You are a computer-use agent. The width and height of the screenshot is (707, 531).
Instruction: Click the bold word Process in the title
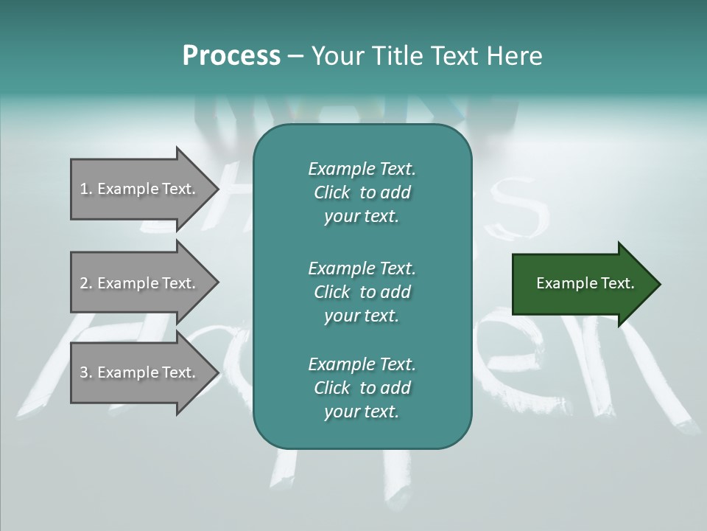[x=231, y=56]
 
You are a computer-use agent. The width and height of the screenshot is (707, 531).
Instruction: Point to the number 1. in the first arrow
[x=86, y=189]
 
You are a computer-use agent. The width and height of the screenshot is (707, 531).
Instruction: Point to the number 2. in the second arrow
[x=86, y=283]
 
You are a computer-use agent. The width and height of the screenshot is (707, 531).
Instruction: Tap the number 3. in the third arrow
[x=86, y=372]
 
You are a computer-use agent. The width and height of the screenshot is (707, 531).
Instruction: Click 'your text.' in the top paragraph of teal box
[x=362, y=217]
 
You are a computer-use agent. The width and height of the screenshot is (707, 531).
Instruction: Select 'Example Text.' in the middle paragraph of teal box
[x=362, y=268]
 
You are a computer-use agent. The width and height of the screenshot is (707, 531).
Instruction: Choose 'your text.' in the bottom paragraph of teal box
[x=362, y=412]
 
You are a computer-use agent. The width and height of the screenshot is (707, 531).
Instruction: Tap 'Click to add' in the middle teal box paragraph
[x=362, y=292]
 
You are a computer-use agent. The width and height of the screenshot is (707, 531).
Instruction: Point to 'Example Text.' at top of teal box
[x=362, y=169]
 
